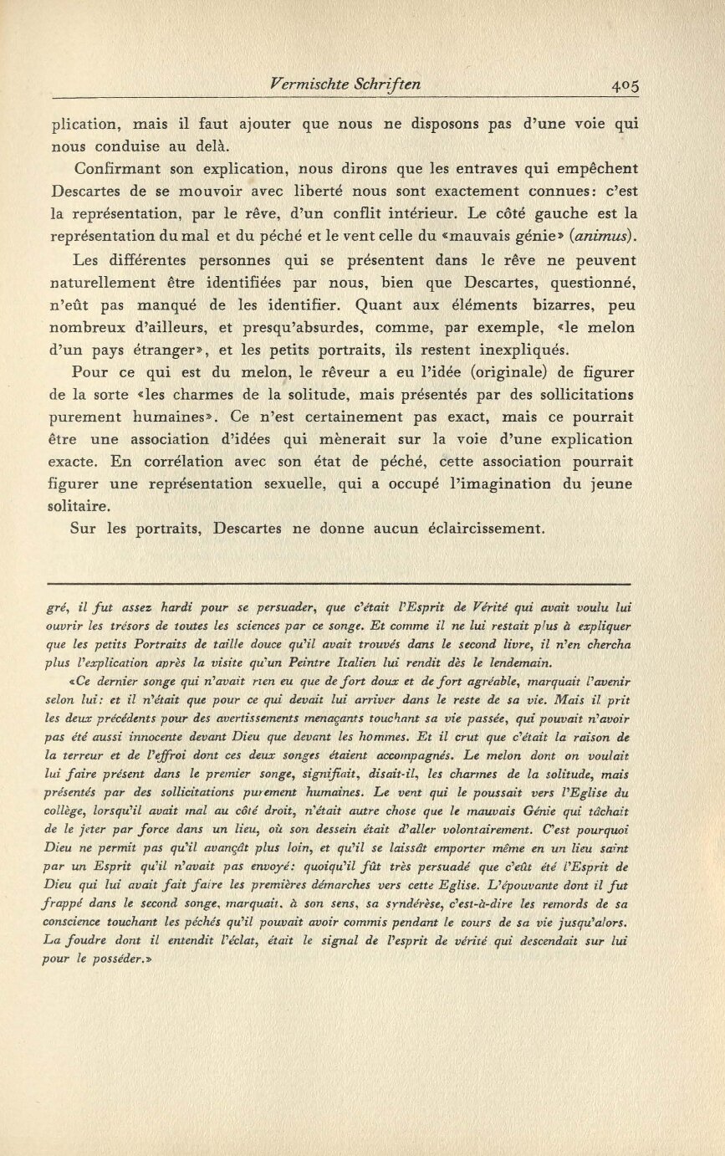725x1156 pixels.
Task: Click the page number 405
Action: [x=625, y=84]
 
